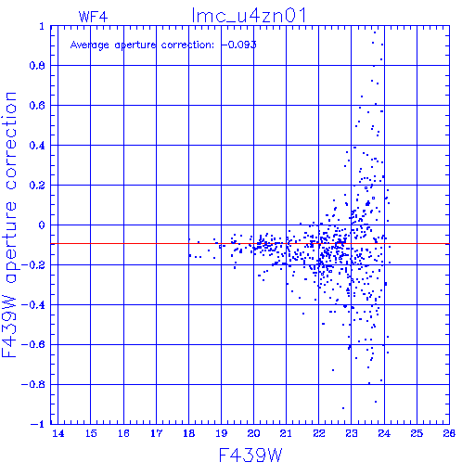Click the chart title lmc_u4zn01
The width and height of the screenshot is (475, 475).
249,15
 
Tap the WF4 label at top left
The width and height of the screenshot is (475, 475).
93,17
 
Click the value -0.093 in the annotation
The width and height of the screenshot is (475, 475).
238,45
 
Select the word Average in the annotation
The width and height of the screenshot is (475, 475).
90,45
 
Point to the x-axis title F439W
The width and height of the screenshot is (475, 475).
250,455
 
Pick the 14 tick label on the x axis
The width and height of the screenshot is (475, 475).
58,433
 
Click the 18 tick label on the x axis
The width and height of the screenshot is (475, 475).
188,433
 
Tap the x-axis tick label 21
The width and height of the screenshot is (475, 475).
286,433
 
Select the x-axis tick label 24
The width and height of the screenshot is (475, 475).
384,433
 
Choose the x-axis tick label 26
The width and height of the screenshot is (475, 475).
449,433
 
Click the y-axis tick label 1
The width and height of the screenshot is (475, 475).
42,26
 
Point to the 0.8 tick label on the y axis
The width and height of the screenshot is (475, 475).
37,66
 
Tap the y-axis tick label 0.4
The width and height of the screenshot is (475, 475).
37,146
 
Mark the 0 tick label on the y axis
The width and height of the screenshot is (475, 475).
42,225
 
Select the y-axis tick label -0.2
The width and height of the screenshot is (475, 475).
33,265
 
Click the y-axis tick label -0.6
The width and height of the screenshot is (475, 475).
33,344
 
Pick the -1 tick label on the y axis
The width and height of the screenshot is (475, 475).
38,424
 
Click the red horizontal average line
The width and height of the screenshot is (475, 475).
250,244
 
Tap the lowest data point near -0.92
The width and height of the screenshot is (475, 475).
343,408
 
